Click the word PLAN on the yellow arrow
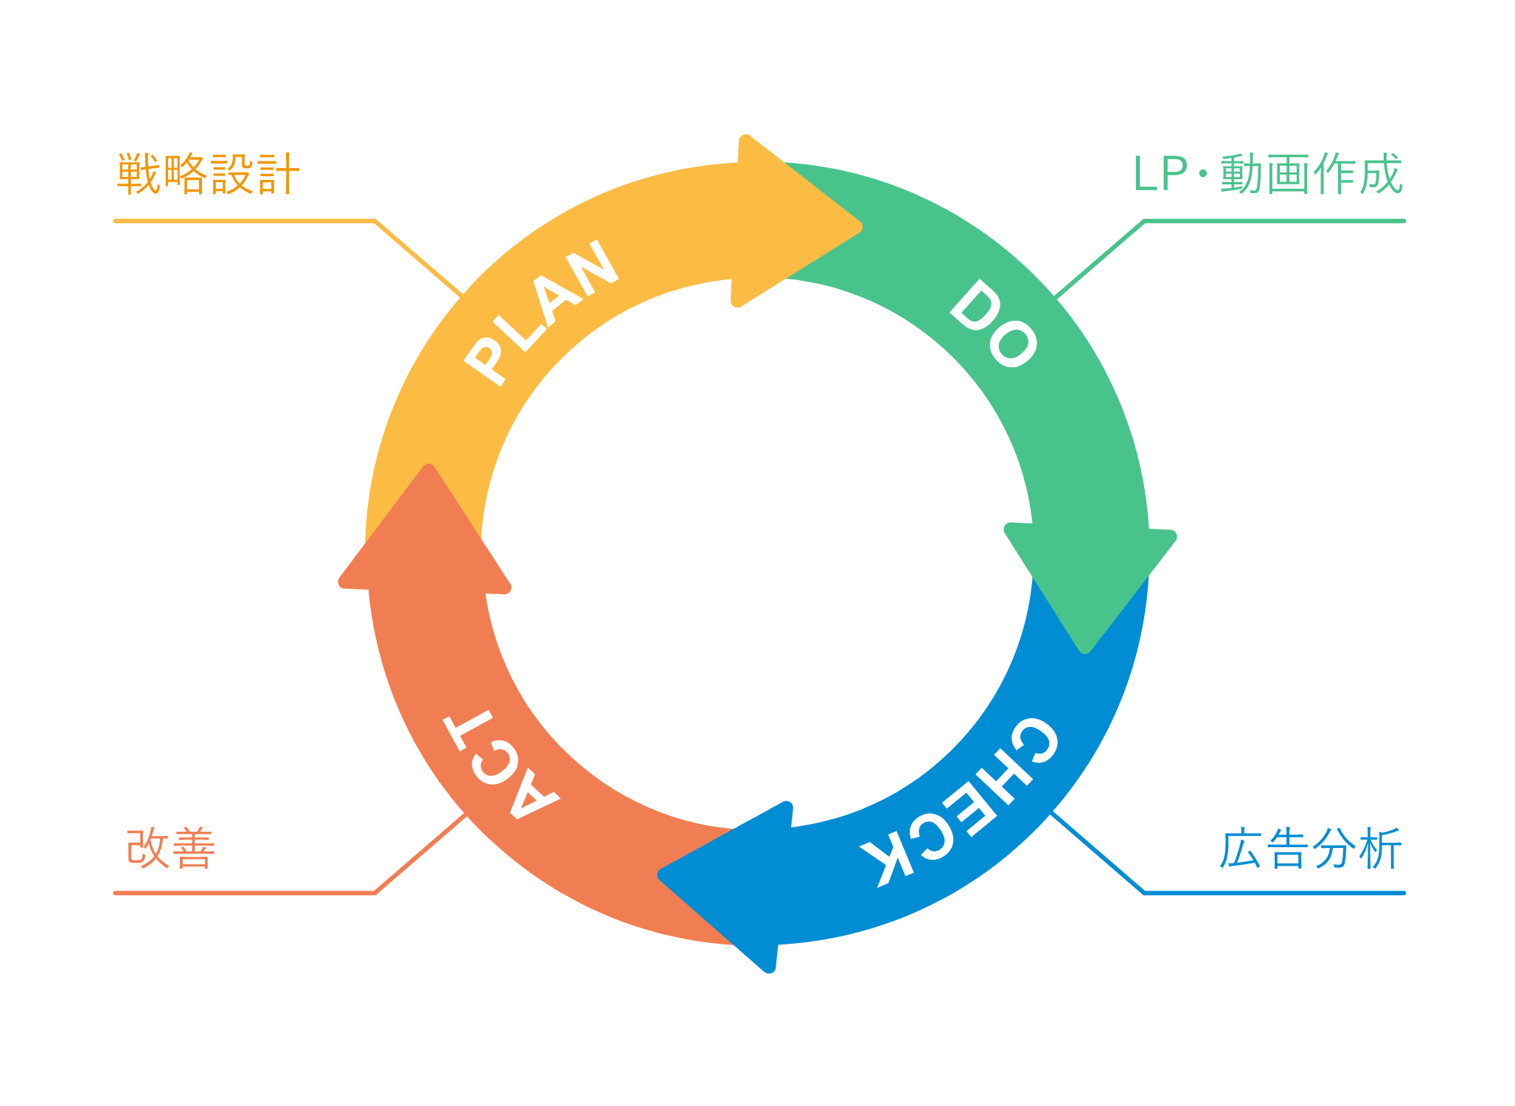(542, 311)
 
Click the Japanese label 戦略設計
(208, 175)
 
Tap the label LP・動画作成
(1267, 175)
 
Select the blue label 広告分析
(1310, 849)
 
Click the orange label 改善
(171, 849)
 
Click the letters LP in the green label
(1160, 175)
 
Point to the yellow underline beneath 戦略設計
(243, 220)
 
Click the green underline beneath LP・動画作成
(1275, 220)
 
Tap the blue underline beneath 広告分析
(1275, 893)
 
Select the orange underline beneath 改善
(243, 893)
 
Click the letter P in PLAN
(487, 361)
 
